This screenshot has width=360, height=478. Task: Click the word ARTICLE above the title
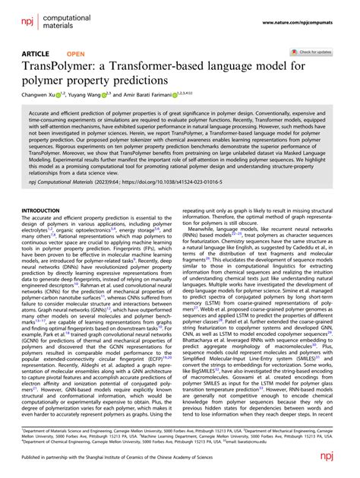pyautogui.click(x=34, y=55)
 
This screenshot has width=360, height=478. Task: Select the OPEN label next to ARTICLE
pyautogui.click(x=76, y=55)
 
